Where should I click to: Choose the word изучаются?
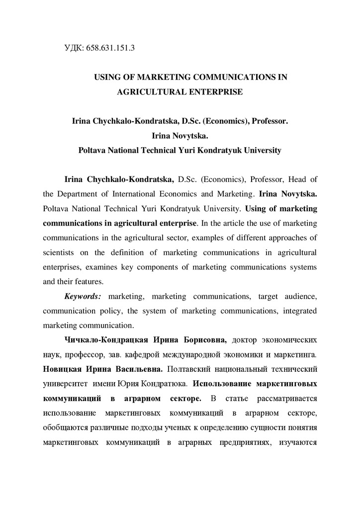297,443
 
